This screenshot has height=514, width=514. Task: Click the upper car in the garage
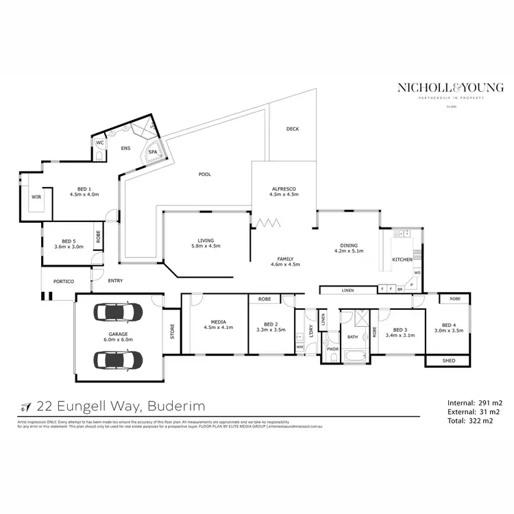point(119,313)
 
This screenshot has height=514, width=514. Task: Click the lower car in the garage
point(119,359)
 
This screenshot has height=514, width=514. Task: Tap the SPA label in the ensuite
point(152,152)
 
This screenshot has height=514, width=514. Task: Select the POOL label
point(205,174)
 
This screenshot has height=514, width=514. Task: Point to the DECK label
point(293,129)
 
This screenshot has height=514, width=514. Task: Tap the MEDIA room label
point(218,321)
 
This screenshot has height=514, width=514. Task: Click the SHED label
point(449,360)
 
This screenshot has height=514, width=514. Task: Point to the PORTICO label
point(58,282)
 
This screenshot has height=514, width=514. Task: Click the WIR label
point(36,197)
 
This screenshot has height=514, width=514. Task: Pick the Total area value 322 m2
point(482,422)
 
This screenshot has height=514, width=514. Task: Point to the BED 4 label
point(448,325)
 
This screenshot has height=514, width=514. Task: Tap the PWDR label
point(333,350)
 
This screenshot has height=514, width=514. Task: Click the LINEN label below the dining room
point(347,291)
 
